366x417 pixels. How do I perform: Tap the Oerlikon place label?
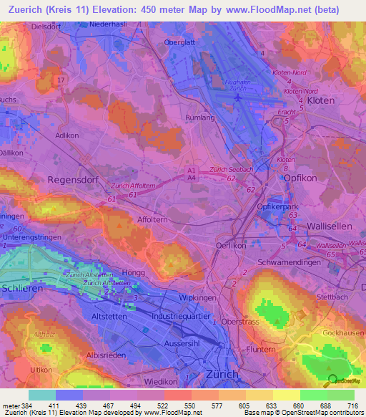(x=231, y=244)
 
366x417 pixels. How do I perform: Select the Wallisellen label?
(x=330, y=226)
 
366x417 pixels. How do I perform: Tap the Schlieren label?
(x=22, y=286)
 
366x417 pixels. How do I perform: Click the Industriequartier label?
(x=189, y=316)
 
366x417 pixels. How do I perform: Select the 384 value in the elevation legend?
(x=28, y=406)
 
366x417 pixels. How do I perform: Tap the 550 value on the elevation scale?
(x=191, y=406)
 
